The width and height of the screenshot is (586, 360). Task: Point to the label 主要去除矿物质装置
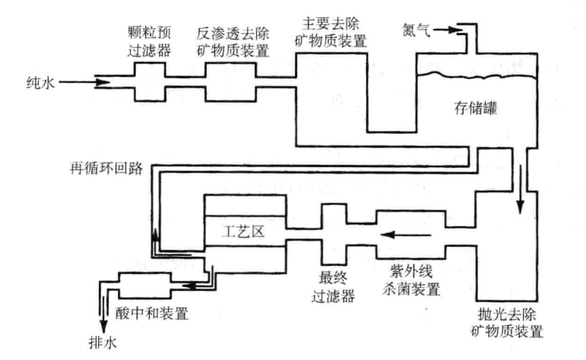(x=329, y=32)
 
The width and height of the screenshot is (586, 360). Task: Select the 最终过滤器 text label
(x=335, y=286)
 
